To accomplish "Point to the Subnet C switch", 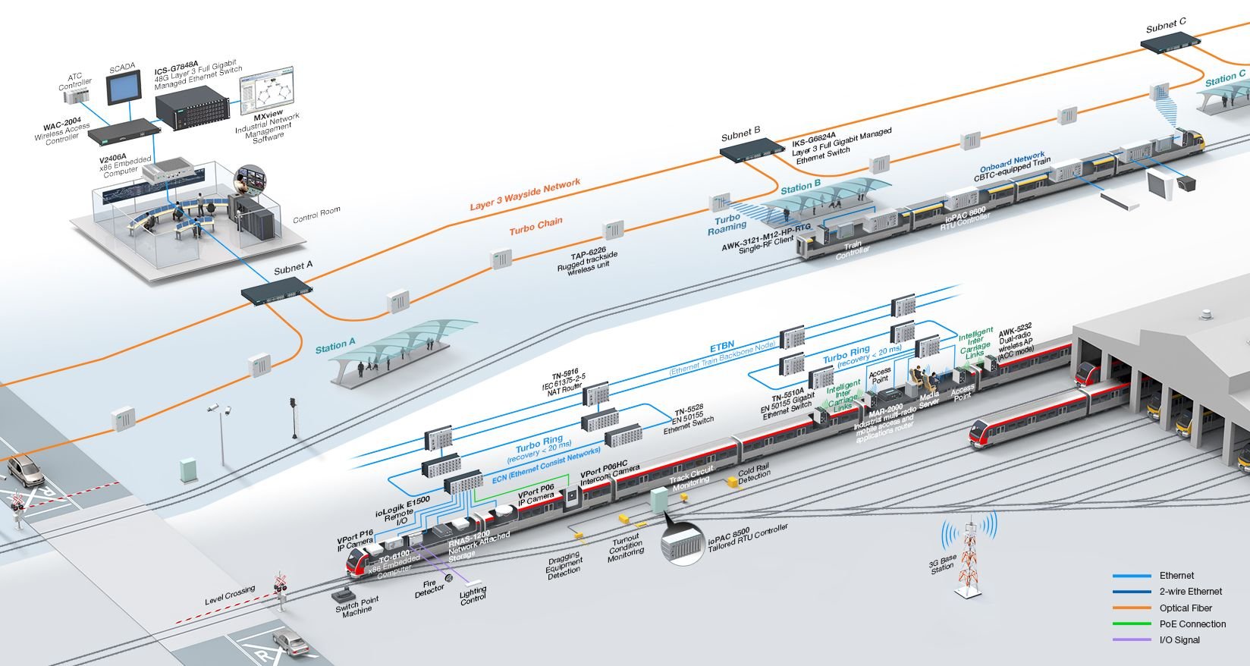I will click(x=1172, y=42).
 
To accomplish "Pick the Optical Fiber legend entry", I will click(x=1185, y=608).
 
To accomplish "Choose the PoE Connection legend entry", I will click(x=1192, y=624).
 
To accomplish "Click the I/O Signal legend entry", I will click(x=1179, y=639).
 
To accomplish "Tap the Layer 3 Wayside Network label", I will click(x=525, y=194).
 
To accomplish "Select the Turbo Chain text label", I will click(x=535, y=226).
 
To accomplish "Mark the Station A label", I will click(x=335, y=346).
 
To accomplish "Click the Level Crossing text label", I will click(x=230, y=595).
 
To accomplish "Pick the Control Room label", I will click(x=316, y=215).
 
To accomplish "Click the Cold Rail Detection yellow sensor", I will click(x=732, y=482).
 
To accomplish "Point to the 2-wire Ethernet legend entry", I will click(x=1190, y=592).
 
